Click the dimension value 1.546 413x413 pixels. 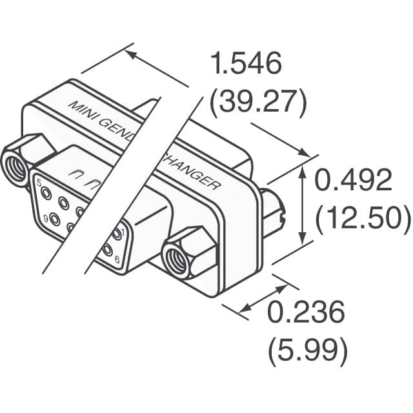coord(247,65)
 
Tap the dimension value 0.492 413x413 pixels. coord(353,181)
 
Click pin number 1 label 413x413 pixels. coord(123,230)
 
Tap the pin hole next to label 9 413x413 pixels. coord(54,220)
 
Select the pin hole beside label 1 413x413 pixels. coord(116,233)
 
